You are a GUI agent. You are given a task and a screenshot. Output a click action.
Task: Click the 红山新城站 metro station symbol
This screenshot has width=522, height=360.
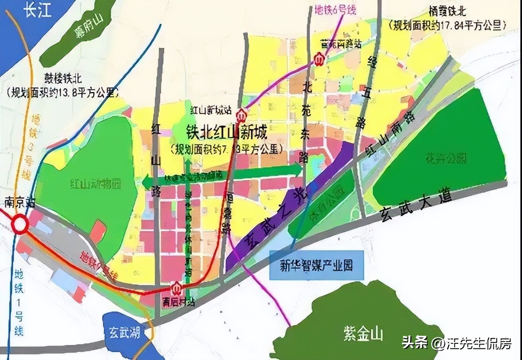(241, 116)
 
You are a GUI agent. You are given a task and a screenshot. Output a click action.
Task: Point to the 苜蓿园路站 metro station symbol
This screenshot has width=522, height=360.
(319, 59)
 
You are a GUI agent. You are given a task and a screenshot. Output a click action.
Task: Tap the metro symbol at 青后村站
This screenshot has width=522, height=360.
(176, 288)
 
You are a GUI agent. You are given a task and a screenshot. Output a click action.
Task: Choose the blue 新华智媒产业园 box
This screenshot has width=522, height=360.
(317, 265)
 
